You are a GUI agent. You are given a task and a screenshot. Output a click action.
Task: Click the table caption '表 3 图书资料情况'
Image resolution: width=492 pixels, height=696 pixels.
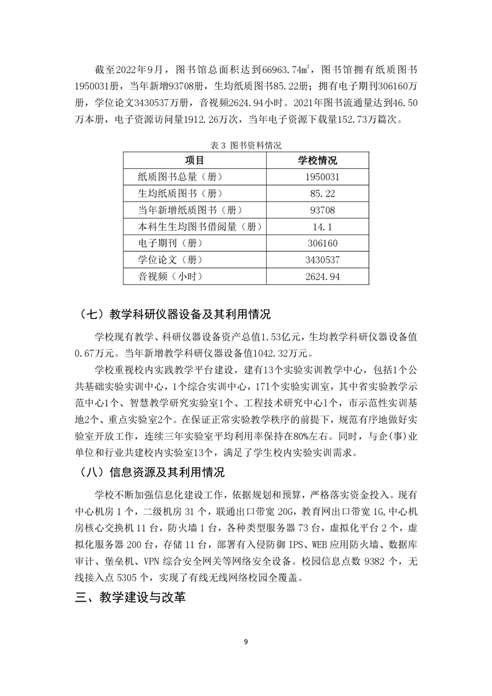click(x=246, y=146)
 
